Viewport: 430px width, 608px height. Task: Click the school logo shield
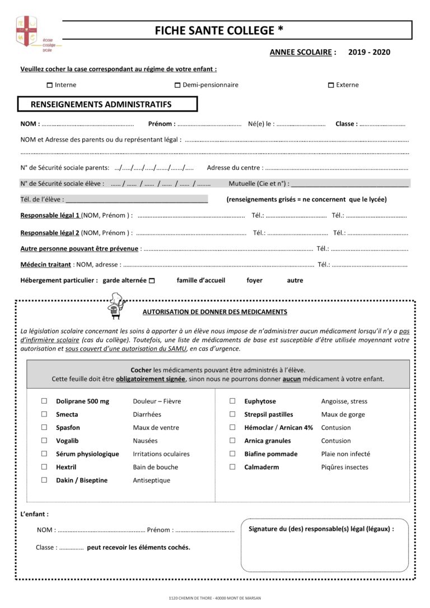[x=26, y=31]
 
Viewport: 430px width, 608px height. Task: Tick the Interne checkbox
[x=49, y=85]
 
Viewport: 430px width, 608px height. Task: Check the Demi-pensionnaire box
[x=177, y=85]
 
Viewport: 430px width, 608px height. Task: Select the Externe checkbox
[x=331, y=85]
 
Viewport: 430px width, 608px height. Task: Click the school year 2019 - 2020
[x=369, y=52]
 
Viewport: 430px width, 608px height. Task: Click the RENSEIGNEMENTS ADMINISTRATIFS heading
[x=101, y=104]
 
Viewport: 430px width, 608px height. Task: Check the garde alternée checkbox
[x=152, y=280]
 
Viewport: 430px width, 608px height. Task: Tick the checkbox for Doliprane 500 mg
[x=44, y=401]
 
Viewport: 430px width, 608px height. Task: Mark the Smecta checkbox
[x=44, y=414]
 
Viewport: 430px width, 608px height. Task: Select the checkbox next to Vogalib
[x=44, y=441]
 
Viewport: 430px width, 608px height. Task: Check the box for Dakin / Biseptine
[x=44, y=480]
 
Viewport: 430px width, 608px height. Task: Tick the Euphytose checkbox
[x=232, y=401]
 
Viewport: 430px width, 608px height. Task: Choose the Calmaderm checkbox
[x=232, y=467]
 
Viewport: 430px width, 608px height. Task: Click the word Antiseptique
[x=151, y=480]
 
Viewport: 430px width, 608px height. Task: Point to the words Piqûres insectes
[x=344, y=467]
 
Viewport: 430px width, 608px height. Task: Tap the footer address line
[x=214, y=598]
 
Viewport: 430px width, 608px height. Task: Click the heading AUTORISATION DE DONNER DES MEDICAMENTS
[x=215, y=312]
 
